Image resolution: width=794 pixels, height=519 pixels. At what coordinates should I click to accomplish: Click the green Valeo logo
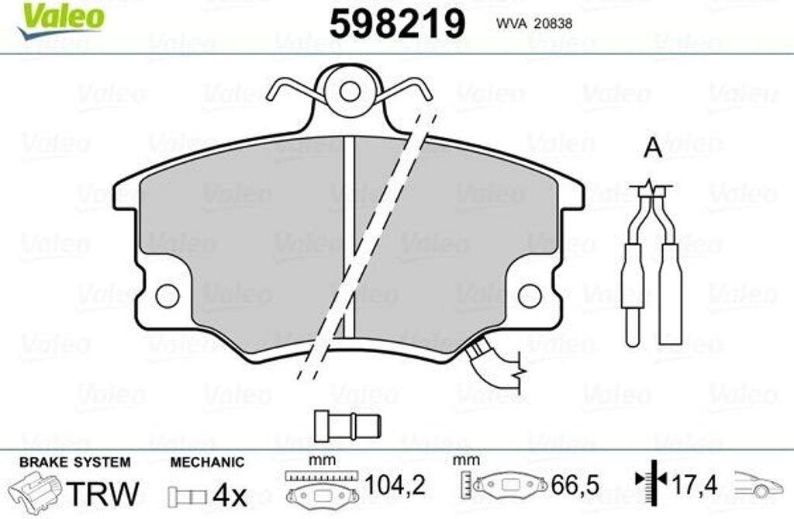(61, 17)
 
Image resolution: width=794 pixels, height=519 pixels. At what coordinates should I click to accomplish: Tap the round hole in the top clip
(350, 91)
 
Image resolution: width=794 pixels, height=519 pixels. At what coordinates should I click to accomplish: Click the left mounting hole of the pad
(167, 295)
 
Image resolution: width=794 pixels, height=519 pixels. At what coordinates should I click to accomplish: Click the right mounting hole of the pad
(530, 295)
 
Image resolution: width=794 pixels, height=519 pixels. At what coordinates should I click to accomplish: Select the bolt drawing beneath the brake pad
(347, 424)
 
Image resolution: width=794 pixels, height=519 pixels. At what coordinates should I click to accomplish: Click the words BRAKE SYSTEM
(74, 462)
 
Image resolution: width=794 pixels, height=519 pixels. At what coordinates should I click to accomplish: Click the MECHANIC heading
(207, 462)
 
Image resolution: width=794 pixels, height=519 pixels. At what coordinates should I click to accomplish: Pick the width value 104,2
(395, 486)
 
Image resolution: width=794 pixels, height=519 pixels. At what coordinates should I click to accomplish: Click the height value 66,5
(575, 486)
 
